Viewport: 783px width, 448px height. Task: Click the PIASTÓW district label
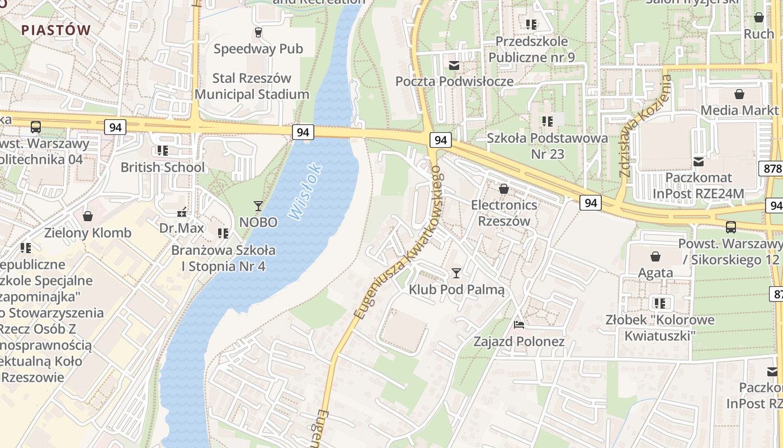pos(56,30)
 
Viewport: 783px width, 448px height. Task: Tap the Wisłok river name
pos(305,190)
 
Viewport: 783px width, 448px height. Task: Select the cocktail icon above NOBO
pos(258,206)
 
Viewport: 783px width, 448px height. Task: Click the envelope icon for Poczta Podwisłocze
pos(454,66)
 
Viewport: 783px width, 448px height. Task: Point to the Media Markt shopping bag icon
pos(739,94)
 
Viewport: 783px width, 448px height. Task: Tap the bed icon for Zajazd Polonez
pos(518,325)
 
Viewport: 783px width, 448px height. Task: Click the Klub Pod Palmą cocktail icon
pos(456,273)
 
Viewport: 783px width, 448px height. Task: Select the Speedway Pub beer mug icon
pos(258,32)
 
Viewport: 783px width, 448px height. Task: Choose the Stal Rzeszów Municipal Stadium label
pos(252,86)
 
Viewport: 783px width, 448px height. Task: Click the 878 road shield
pos(771,169)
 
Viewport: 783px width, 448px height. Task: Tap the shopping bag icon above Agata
pos(655,256)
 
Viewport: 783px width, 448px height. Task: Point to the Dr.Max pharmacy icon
pos(181,212)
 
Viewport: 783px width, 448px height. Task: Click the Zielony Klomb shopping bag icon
pos(87,216)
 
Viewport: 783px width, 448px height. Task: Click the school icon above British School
pos(162,150)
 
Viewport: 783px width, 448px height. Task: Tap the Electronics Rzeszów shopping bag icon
pos(503,189)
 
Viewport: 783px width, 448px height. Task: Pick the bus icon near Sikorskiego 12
pos(730,227)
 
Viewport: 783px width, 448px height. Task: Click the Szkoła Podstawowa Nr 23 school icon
pos(547,121)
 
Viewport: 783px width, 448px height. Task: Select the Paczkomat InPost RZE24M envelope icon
pos(699,162)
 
